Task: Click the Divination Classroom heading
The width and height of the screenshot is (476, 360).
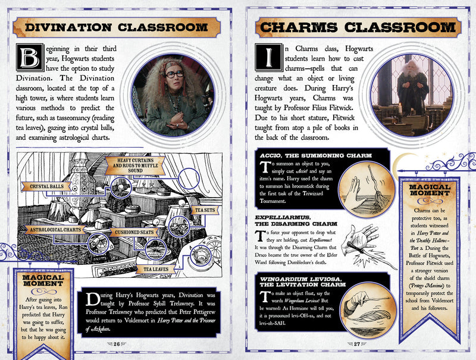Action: (118, 27)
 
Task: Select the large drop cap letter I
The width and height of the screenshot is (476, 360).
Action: (265, 58)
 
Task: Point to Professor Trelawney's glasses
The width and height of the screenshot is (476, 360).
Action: (174, 74)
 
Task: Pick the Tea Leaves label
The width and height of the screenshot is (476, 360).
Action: (154, 269)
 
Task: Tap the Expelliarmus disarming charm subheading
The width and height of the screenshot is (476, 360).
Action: (290, 221)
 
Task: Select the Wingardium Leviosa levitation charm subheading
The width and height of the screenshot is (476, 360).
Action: (305, 280)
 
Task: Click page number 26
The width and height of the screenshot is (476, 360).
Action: (118, 343)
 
